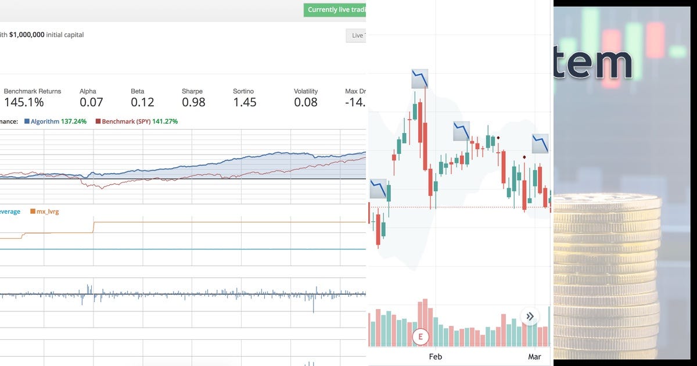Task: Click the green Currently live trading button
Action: (335, 10)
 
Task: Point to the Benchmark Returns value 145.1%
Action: (24, 102)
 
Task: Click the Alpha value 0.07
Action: (91, 102)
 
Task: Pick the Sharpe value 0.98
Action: (193, 102)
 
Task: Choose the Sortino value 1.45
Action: (245, 102)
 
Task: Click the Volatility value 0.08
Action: (306, 102)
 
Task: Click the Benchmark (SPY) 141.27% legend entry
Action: (136, 121)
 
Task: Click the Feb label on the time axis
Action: (435, 357)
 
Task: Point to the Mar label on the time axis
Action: (534, 357)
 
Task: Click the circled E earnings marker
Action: (420, 336)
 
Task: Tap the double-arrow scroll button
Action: (530, 317)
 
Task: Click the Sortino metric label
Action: (243, 91)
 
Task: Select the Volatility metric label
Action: (306, 91)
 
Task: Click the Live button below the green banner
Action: (356, 35)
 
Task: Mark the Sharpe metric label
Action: (192, 91)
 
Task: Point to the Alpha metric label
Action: (88, 91)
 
